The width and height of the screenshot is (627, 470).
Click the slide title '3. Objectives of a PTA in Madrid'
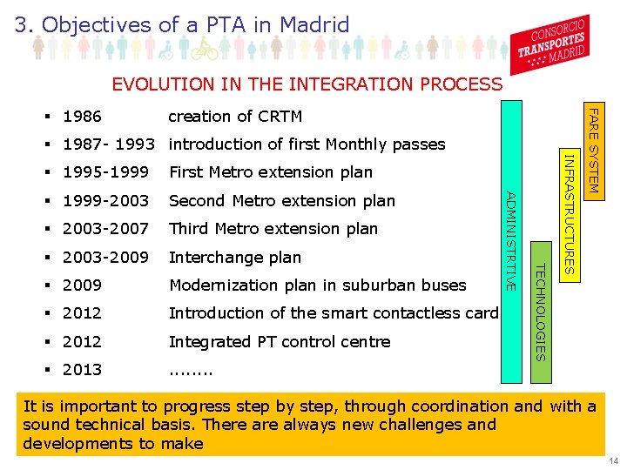(182, 24)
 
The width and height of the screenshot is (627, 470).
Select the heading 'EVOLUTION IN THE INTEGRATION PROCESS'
(307, 84)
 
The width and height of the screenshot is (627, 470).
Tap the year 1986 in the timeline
(83, 117)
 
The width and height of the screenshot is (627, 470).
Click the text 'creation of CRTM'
(235, 117)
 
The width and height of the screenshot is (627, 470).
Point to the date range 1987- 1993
(110, 144)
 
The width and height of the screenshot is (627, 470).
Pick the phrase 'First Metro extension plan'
(271, 172)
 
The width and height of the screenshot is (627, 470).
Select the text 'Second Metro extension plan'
(282, 201)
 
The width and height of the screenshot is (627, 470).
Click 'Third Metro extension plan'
(273, 229)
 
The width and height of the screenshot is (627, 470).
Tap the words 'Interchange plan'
(235, 258)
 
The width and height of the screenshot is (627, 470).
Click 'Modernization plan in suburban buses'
(318, 285)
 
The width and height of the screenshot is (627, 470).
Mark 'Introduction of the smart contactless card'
(334, 313)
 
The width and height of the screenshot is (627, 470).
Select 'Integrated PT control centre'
(280, 342)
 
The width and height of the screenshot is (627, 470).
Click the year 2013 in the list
(83, 370)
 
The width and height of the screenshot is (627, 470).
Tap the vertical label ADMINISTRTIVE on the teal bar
(512, 241)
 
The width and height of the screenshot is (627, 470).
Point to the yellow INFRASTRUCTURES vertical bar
(568, 213)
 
